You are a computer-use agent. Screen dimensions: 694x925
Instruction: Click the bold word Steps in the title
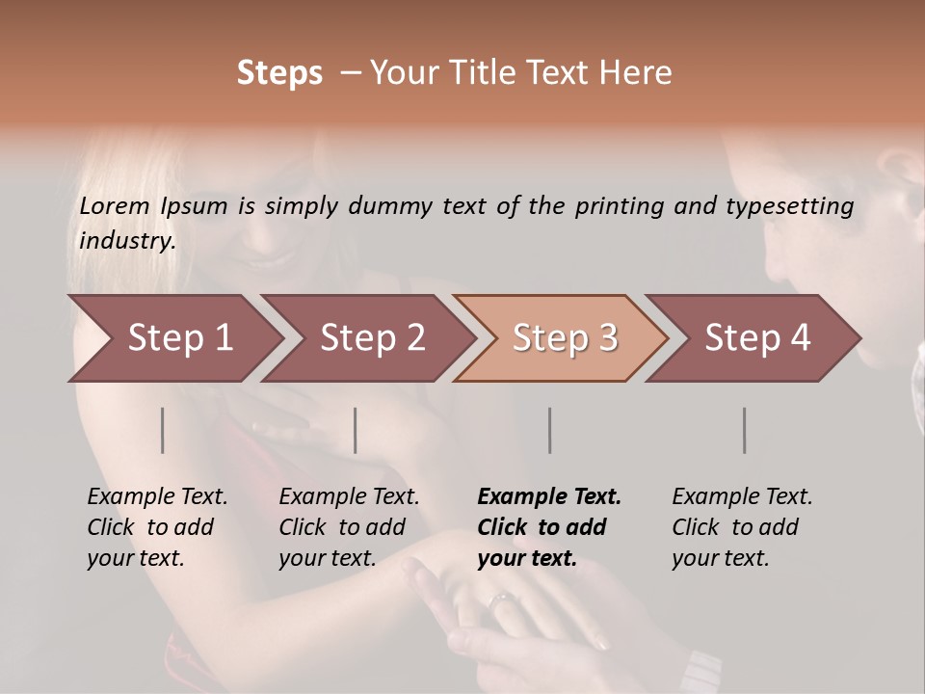coord(279,73)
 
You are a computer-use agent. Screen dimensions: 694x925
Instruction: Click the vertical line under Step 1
coord(163,430)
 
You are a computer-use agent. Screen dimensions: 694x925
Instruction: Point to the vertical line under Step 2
coord(356,430)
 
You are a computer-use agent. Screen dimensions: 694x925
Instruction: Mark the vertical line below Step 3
coord(550,430)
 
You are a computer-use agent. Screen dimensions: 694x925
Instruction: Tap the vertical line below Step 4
coord(745,430)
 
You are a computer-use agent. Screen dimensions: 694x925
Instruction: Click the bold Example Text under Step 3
coord(549,527)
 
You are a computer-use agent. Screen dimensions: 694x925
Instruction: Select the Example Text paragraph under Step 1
coord(157,527)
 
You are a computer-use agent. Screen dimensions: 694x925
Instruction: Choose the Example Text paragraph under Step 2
coord(349,527)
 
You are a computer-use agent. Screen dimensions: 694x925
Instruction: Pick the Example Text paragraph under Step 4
coord(742,527)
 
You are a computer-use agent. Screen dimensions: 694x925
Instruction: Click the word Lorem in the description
coord(115,205)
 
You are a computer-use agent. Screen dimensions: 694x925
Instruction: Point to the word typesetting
coord(788,206)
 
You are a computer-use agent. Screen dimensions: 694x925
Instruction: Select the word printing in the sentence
coord(626,206)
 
